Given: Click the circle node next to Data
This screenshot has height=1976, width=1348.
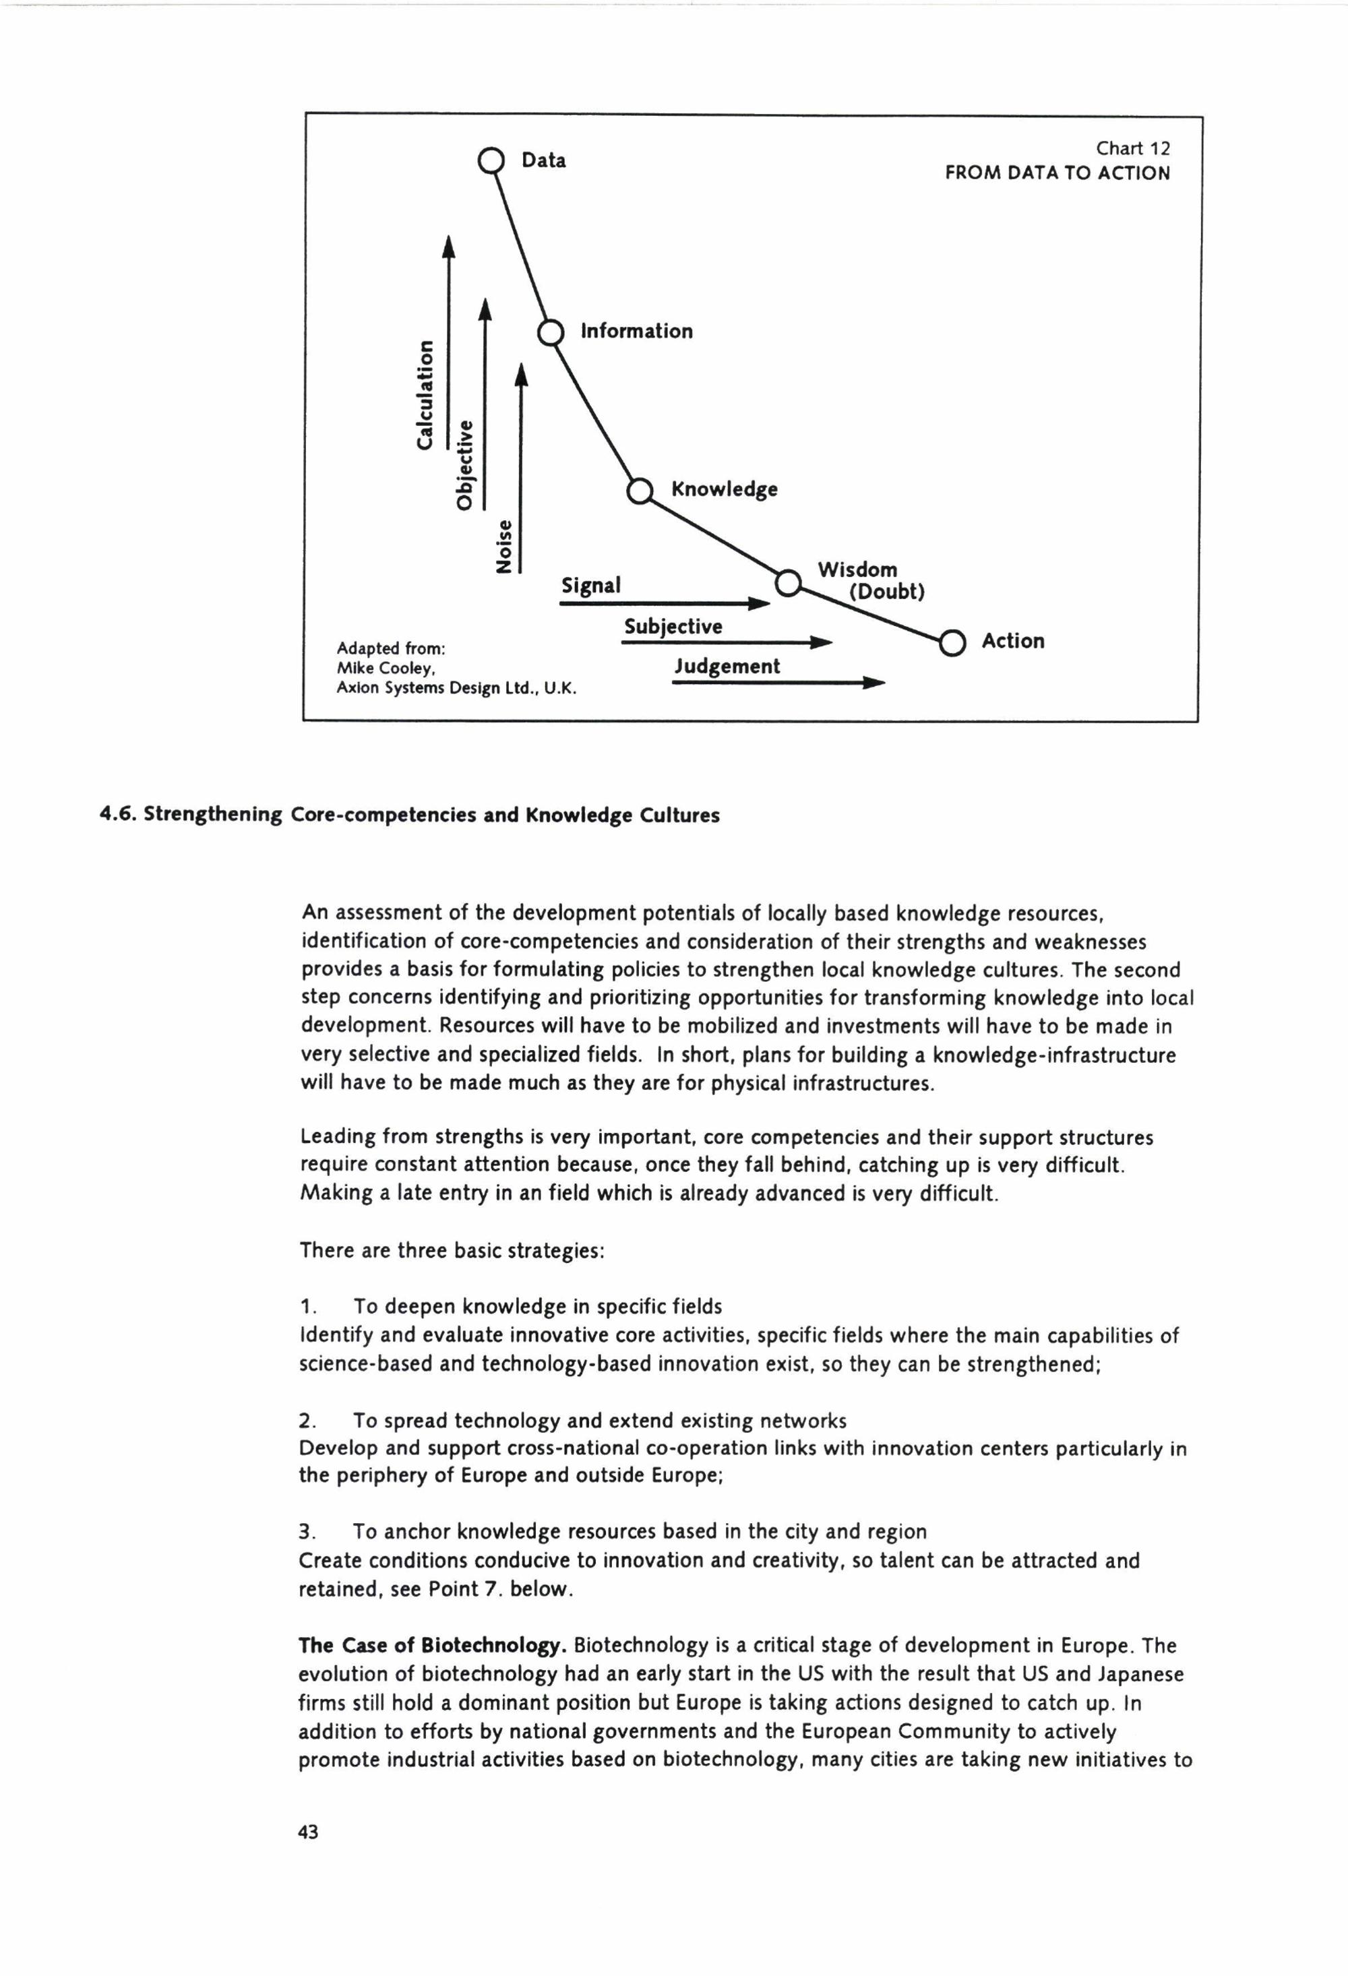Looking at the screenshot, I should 491,160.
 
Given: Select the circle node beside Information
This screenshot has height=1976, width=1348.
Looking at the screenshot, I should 552,332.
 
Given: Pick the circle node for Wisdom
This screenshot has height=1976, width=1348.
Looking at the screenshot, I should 789,582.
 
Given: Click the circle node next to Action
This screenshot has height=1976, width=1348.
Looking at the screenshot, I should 952,643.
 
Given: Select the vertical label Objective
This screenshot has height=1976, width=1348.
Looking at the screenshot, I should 464,464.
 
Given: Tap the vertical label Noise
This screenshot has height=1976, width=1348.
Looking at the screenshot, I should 504,546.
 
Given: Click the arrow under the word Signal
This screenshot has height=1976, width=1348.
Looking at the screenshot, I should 664,604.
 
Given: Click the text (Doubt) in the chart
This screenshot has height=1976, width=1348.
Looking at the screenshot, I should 886,592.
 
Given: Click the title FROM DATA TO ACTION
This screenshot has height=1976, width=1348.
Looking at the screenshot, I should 1057,173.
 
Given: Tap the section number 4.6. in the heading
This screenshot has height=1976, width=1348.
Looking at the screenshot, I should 117,815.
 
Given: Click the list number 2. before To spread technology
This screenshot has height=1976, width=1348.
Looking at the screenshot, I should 307,1421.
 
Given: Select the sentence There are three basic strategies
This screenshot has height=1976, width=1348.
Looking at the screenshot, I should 452,1251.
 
